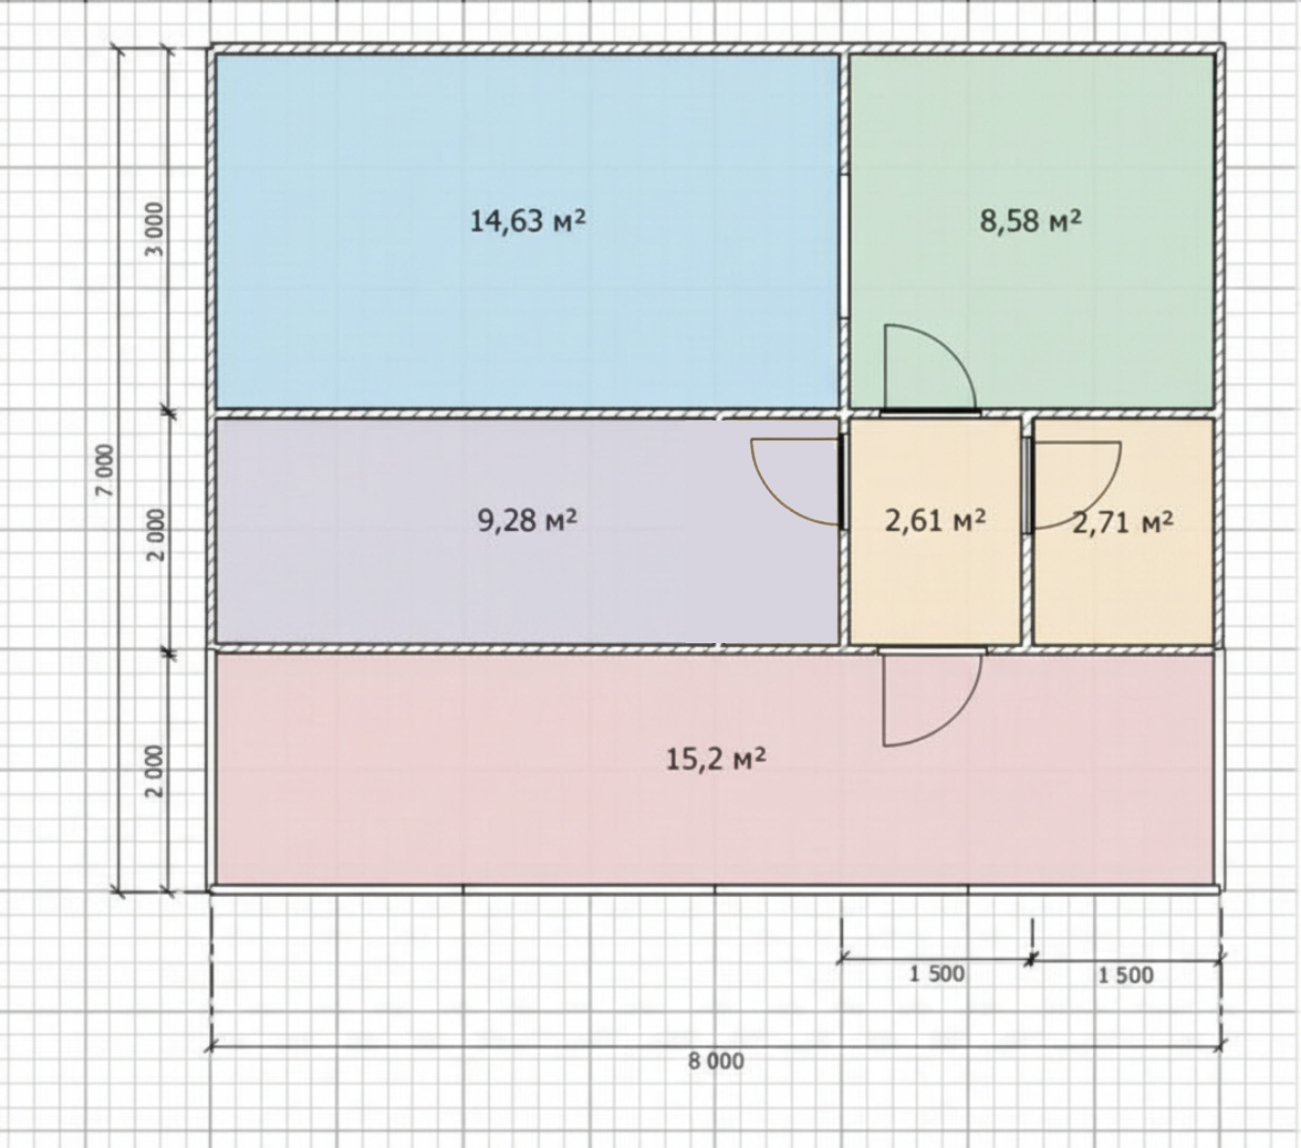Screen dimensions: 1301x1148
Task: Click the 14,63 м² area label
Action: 527,221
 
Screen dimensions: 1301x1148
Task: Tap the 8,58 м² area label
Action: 1030,221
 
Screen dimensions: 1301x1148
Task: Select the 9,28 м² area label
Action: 527,521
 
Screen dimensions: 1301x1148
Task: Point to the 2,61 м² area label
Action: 935,521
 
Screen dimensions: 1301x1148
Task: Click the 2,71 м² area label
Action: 1123,523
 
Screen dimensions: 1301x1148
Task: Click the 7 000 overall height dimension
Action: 106,470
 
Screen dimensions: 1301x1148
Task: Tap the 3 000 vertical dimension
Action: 155,229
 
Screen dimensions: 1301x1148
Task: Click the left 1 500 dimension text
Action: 937,974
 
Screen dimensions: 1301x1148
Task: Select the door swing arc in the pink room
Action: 955,720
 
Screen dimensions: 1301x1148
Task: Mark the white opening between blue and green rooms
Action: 844,247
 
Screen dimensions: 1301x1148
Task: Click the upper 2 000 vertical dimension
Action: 155,535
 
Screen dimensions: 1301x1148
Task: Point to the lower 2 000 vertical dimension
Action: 155,772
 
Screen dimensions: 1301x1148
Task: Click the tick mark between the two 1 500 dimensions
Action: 1031,959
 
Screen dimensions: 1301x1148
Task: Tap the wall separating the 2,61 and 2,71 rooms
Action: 1027,532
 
